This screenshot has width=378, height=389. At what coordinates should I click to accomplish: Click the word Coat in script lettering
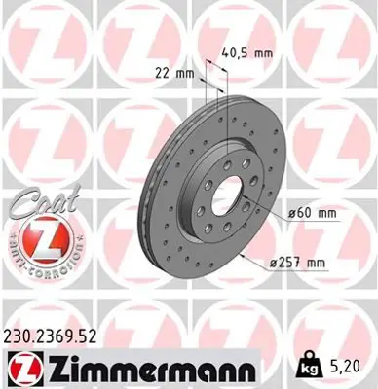pos(35,203)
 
